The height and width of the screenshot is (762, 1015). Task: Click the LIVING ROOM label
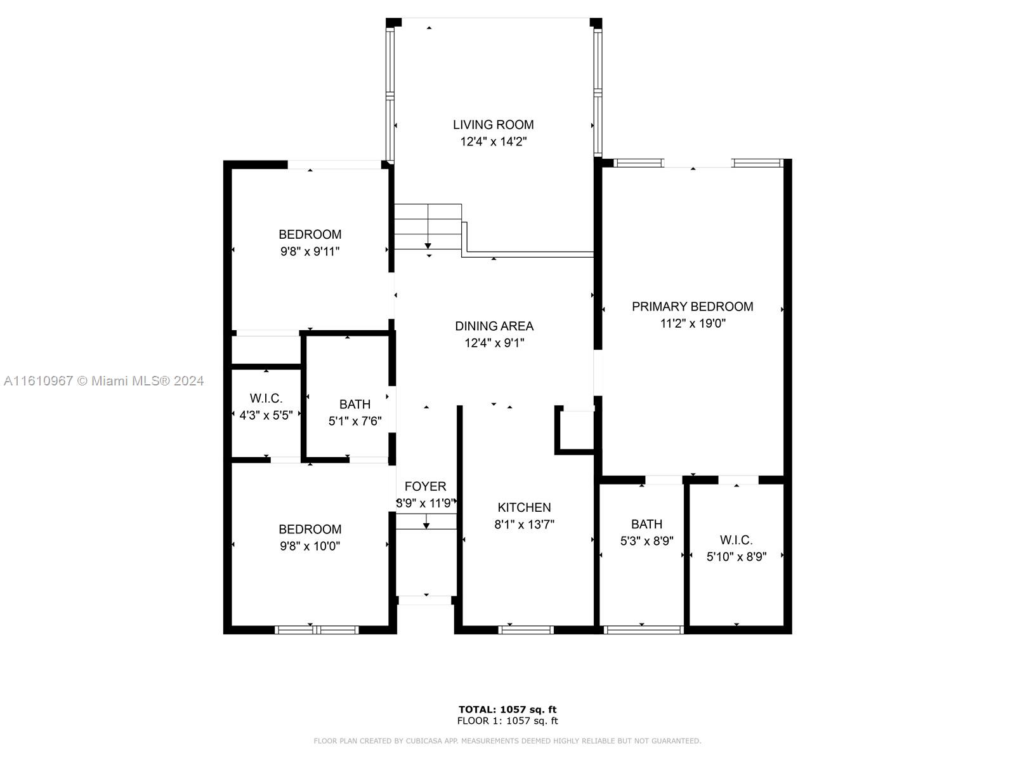[493, 124]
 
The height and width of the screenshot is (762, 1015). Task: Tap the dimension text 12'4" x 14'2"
[493, 142]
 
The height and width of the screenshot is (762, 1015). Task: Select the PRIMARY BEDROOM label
[692, 306]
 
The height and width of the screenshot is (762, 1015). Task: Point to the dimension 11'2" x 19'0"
[693, 323]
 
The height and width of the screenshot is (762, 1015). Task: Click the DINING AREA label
[494, 326]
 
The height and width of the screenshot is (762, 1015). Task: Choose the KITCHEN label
[524, 507]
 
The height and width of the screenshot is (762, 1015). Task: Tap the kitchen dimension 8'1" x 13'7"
[524, 525]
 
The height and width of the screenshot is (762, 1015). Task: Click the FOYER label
[425, 486]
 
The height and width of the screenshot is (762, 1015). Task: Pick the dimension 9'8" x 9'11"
[310, 251]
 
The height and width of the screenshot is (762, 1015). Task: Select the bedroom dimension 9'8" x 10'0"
[310, 546]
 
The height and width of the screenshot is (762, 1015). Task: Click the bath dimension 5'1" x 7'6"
[355, 421]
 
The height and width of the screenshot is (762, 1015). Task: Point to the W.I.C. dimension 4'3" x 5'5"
[266, 415]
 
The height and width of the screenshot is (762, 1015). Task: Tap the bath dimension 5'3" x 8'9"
[646, 541]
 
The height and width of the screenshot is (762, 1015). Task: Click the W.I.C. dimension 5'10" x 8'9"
[736, 557]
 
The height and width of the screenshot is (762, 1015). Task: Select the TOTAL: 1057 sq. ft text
[507, 709]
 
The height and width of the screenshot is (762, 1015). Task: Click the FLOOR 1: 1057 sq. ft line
[507, 721]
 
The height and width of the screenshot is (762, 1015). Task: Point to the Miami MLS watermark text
[103, 381]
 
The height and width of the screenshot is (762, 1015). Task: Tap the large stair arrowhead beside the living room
[428, 246]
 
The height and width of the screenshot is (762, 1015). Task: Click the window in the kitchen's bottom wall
[526, 630]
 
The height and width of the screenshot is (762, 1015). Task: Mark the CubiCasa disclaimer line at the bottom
[507, 740]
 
